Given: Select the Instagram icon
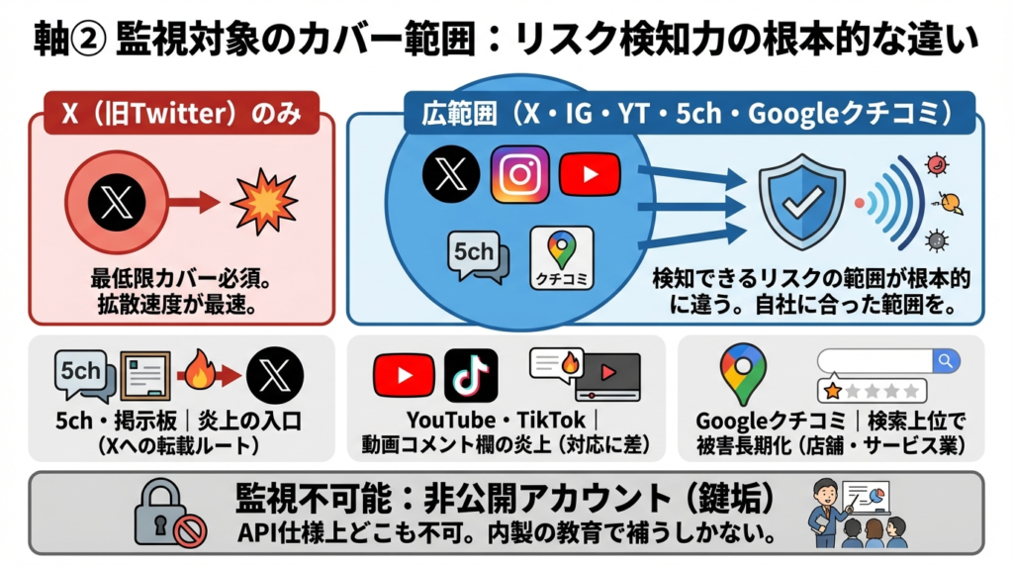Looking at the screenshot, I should click(519, 174).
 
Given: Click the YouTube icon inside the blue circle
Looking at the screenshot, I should click(589, 174).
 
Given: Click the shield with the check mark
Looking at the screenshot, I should click(801, 201).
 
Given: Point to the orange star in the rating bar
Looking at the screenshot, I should click(833, 391).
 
